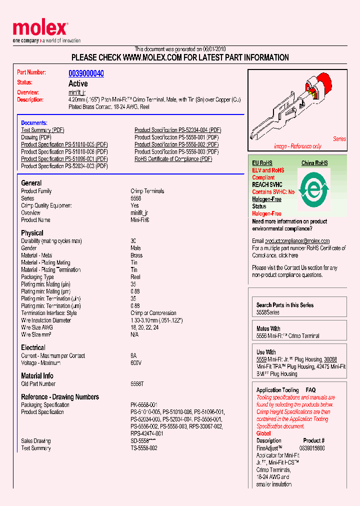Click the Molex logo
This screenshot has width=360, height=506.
[40, 29]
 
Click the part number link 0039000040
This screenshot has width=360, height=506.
[86, 73]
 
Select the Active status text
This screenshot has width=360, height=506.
[78, 83]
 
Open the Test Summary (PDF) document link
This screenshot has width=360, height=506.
[43, 130]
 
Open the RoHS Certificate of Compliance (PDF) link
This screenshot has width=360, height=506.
[173, 159]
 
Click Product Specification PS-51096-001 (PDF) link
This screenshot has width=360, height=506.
[64, 159]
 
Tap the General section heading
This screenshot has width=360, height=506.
[31, 183]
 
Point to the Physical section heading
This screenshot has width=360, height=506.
[32, 233]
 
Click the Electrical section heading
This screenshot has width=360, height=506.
[33, 347]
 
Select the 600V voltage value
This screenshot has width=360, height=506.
[136, 363]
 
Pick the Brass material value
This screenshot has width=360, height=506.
[136, 255]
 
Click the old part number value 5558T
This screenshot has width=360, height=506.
[137, 384]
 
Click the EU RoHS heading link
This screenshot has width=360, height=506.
[262, 163]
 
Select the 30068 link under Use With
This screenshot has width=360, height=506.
[330, 359]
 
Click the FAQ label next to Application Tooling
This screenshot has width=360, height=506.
[310, 390]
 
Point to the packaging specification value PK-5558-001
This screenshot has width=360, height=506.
[144, 405]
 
